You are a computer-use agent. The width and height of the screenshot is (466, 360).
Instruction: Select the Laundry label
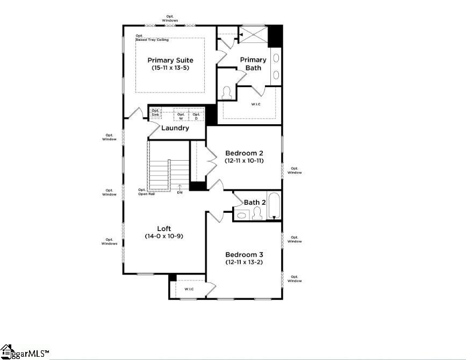coord(175,128)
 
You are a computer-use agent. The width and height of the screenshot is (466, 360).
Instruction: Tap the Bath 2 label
coord(255,203)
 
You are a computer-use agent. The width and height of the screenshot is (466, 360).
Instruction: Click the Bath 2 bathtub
coord(274,206)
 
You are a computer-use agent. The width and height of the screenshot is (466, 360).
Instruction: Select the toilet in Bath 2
coord(256,214)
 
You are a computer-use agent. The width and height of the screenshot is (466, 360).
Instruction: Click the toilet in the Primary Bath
coord(226,93)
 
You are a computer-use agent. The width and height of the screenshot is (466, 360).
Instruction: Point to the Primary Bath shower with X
coord(254,35)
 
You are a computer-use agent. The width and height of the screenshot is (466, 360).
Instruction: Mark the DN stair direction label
coord(180,192)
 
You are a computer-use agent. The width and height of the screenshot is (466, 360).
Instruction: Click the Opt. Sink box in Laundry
coord(155,112)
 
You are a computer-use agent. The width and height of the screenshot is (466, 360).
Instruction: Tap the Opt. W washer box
coord(181,116)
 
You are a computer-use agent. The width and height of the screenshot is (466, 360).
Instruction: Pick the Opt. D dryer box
coord(196,116)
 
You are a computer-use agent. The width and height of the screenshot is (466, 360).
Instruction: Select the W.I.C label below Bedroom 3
coord(189,289)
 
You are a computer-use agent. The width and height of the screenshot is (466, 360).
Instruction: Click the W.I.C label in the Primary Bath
coord(255,104)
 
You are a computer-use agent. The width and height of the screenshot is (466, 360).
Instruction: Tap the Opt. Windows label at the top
coord(171,18)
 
